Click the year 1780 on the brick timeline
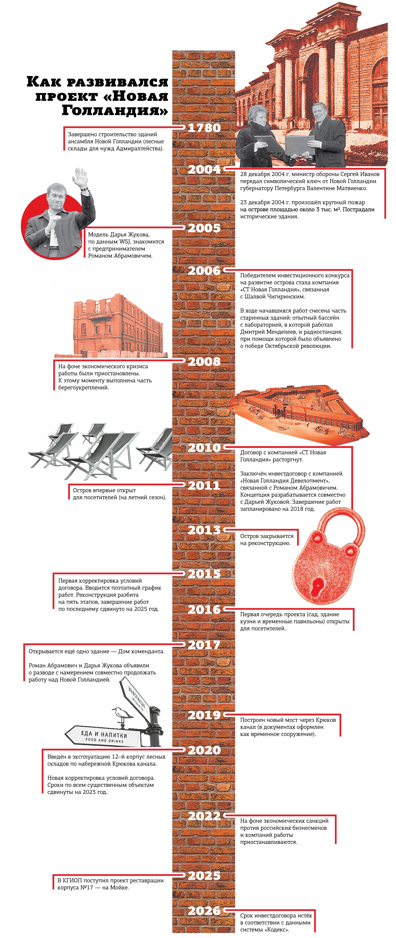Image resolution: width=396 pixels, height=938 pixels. pos(204,128)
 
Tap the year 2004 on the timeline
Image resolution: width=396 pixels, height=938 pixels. pos(204,169)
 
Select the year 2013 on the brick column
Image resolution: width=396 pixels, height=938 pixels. pos(204,530)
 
